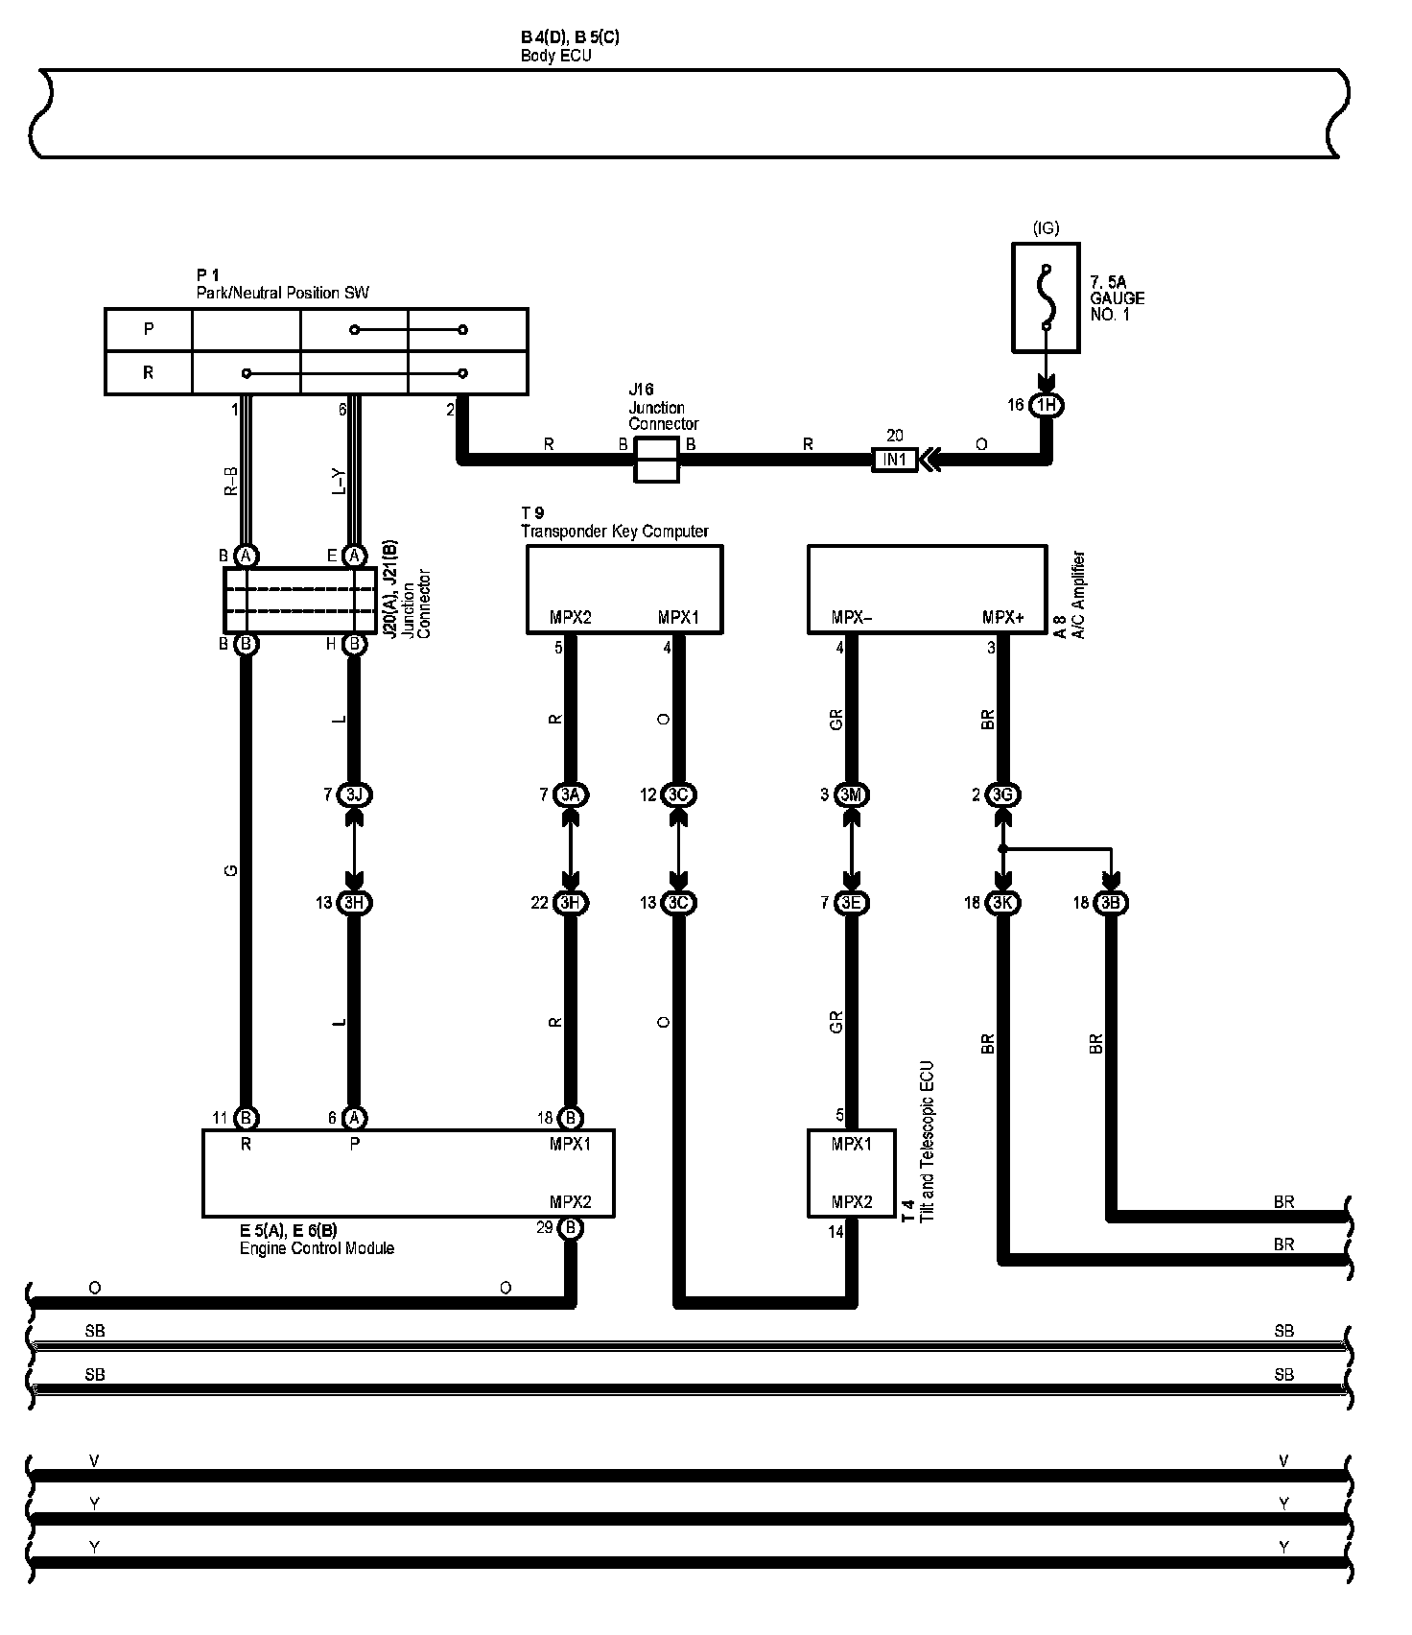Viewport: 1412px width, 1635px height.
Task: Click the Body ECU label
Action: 556,55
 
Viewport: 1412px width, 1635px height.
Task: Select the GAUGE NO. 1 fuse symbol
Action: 1046,296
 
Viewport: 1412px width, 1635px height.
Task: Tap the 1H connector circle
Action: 1046,405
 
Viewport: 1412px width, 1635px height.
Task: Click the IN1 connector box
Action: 894,461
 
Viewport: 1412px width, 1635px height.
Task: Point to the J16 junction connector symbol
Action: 657,461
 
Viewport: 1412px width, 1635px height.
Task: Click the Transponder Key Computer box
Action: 624,589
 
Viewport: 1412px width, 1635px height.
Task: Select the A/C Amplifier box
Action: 927,589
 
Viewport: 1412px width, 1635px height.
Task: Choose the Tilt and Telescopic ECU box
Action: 852,1173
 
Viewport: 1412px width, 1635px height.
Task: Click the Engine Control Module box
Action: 408,1173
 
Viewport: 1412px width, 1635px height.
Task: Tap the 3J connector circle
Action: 354,794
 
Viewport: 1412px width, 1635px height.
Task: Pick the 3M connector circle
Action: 851,794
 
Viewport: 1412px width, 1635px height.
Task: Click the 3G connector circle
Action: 1002,794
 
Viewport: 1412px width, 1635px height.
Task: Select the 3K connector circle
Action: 1002,903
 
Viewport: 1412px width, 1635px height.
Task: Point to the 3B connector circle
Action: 1111,903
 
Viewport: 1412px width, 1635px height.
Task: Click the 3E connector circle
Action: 851,903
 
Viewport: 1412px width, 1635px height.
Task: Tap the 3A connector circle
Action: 571,794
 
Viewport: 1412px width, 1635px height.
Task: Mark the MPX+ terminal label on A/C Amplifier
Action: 1002,618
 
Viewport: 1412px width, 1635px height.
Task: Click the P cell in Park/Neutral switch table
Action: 149,329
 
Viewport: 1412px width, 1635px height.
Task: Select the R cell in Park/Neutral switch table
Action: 149,372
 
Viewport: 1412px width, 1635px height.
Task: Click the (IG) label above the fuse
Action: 1046,228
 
